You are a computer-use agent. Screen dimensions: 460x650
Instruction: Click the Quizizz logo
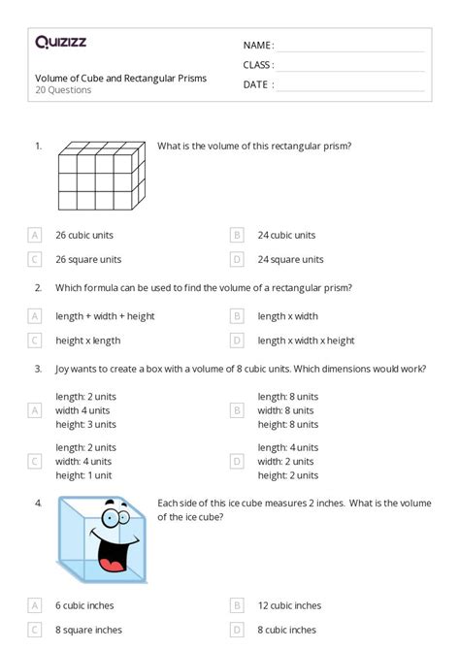pyautogui.click(x=61, y=42)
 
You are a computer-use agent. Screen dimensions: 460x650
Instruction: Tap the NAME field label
pyautogui.click(x=258, y=45)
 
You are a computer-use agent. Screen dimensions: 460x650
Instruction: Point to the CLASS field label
pyautogui.click(x=258, y=65)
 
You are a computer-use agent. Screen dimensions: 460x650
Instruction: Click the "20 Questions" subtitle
pyautogui.click(x=63, y=90)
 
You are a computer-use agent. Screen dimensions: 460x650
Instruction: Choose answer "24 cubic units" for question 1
pyautogui.click(x=286, y=235)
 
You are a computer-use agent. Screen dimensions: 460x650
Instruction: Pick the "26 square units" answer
pyautogui.click(x=88, y=259)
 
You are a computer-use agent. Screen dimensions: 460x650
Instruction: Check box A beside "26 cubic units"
pyautogui.click(x=35, y=235)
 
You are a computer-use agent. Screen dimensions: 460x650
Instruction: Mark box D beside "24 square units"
pyautogui.click(x=237, y=259)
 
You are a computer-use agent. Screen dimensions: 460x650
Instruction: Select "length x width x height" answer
pyautogui.click(x=306, y=341)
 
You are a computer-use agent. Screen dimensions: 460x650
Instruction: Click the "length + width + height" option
pyautogui.click(x=105, y=315)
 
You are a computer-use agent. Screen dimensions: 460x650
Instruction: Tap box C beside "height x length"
pyautogui.click(x=35, y=341)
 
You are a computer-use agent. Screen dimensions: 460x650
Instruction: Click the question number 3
pyautogui.click(x=38, y=369)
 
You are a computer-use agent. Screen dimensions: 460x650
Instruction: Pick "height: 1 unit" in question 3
pyautogui.click(x=83, y=476)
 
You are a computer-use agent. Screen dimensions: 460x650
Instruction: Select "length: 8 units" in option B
pyautogui.click(x=287, y=396)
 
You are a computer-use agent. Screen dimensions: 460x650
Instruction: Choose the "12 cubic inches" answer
pyautogui.click(x=288, y=605)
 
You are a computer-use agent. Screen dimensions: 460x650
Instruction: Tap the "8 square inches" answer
pyautogui.click(x=88, y=630)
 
